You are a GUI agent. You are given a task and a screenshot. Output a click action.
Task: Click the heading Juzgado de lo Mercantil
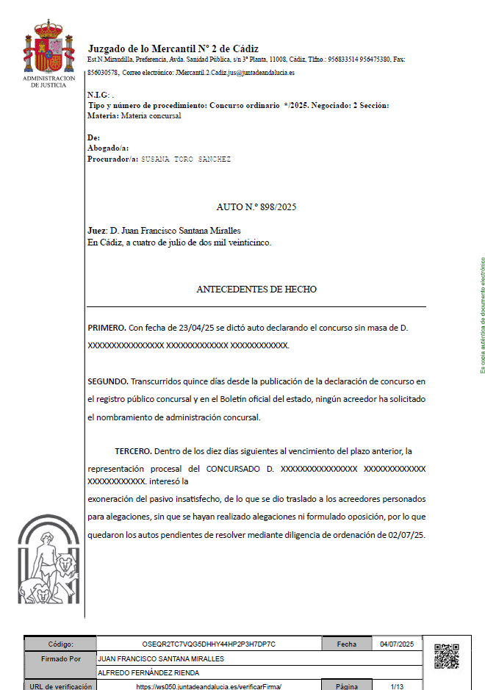point(173,48)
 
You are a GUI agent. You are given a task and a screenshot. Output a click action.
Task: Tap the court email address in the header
point(234,73)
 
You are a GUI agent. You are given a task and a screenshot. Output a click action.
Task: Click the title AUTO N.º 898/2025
point(256,208)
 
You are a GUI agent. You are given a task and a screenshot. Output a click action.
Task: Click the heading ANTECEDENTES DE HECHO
point(256,290)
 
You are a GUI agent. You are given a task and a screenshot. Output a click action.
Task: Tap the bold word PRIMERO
point(107,327)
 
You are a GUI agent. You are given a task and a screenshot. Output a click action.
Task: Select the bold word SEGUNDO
point(108,381)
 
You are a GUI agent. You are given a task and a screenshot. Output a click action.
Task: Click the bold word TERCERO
point(133,450)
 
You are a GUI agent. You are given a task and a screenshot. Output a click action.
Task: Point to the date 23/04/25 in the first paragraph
point(184,327)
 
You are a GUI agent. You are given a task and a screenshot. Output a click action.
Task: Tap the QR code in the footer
point(447,656)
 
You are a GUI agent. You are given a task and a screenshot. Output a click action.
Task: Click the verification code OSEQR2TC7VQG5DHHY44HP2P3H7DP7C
point(209,644)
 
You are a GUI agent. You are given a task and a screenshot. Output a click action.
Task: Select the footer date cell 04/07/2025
point(397,644)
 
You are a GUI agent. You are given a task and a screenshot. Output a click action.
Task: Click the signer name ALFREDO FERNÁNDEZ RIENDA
point(148,672)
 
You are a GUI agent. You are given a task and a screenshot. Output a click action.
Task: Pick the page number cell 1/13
point(397,686)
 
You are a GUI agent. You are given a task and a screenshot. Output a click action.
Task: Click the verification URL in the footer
point(209,686)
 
